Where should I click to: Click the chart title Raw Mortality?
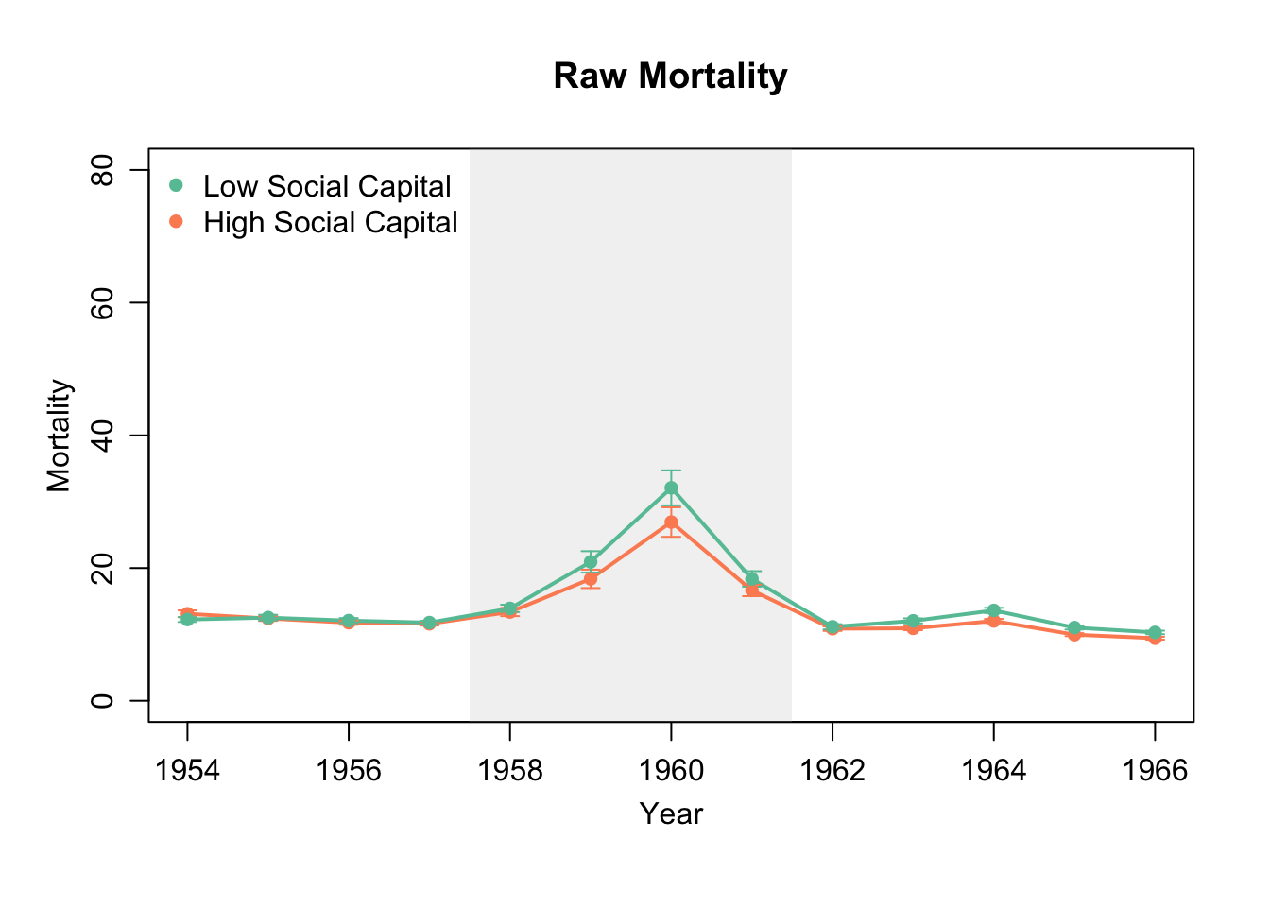(x=670, y=77)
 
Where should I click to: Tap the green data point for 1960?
(x=671, y=488)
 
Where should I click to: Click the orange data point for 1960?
(x=671, y=522)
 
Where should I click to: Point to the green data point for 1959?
(x=591, y=562)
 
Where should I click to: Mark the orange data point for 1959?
(x=591, y=579)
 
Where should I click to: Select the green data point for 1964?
(x=993, y=610)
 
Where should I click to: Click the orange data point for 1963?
(x=913, y=628)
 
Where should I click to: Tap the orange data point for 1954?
(x=187, y=613)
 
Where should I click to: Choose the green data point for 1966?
(x=1155, y=632)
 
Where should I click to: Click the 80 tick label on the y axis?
(x=103, y=170)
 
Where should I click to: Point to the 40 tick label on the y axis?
(x=103, y=436)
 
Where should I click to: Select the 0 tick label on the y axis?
(x=103, y=701)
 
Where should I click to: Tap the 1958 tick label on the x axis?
(x=510, y=771)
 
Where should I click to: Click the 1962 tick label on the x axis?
(x=832, y=771)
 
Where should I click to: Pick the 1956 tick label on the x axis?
(x=349, y=771)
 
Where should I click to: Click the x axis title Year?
(x=671, y=813)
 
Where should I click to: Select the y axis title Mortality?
(x=60, y=436)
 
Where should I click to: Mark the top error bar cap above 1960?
(x=671, y=470)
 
